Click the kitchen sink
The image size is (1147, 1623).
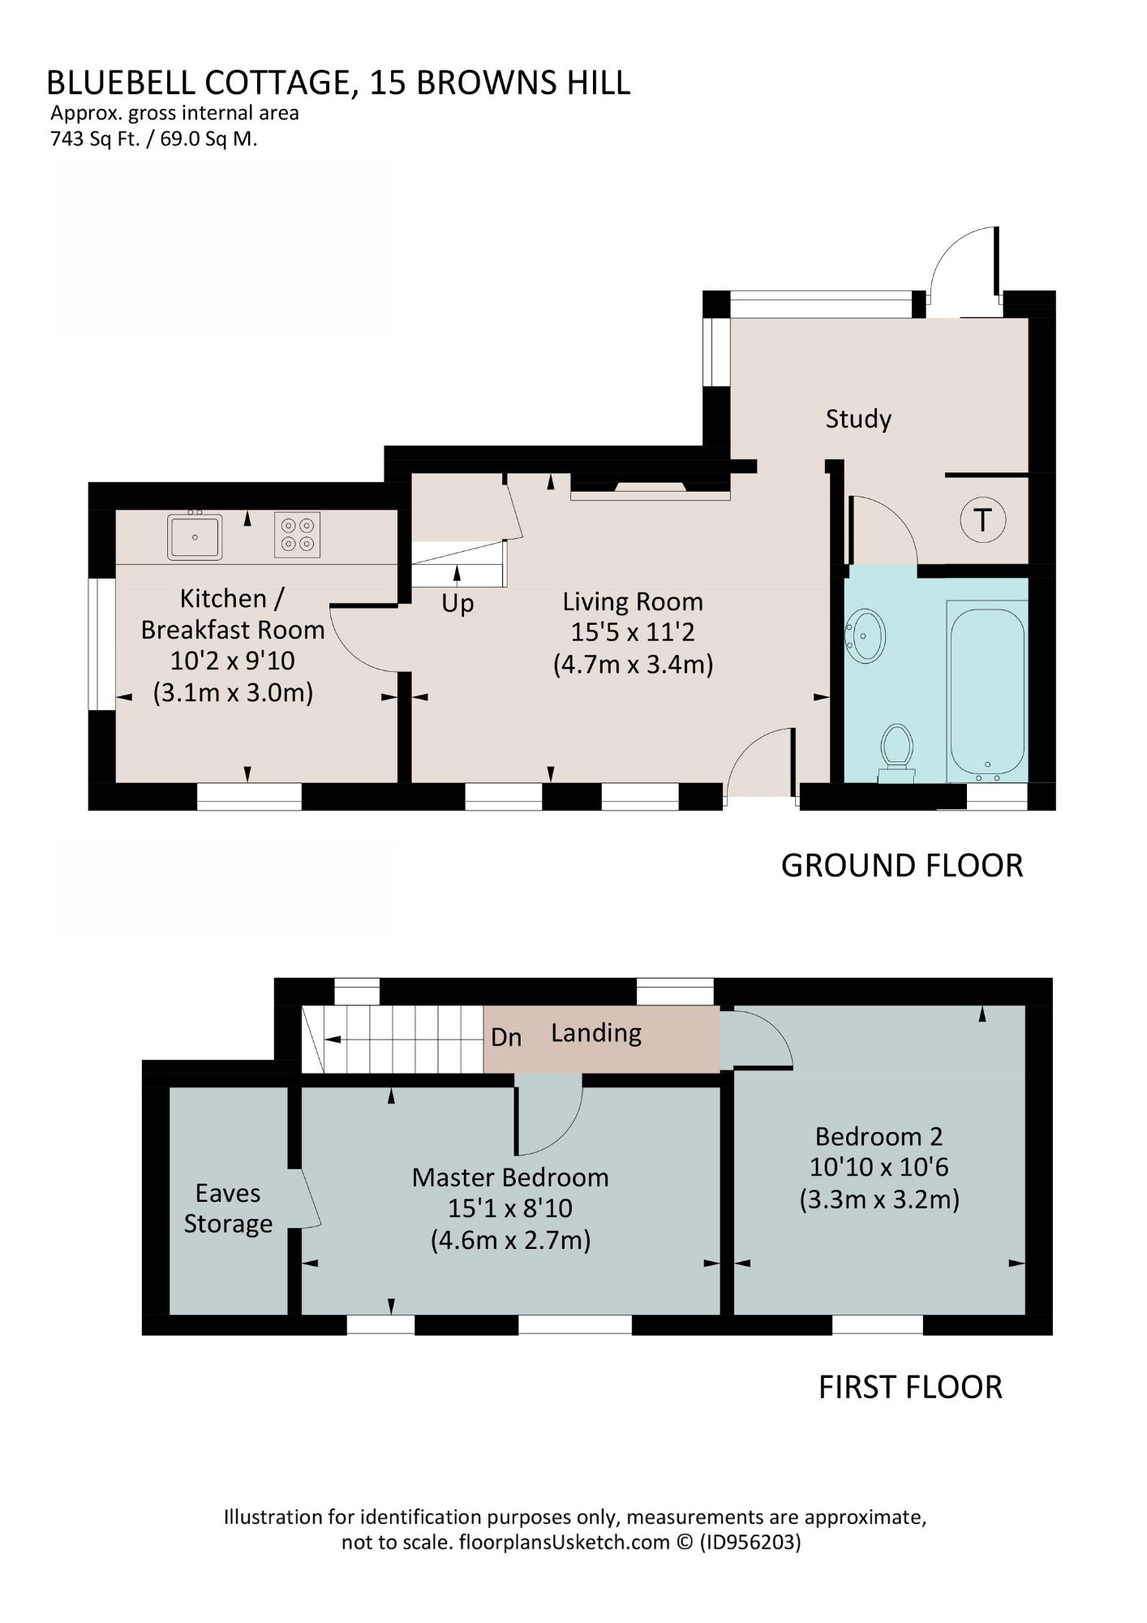click(195, 536)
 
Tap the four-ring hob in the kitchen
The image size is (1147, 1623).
click(297, 535)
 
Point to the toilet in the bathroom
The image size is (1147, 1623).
click(896, 750)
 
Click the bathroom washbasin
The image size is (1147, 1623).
click(866, 635)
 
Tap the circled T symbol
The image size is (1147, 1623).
click(983, 519)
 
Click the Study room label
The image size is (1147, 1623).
click(858, 419)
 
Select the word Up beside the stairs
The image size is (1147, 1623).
click(458, 605)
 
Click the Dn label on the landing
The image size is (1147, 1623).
click(506, 1037)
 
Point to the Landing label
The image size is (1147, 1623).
click(596, 1033)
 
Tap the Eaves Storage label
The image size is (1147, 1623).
click(228, 1208)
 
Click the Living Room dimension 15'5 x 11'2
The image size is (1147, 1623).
click(633, 632)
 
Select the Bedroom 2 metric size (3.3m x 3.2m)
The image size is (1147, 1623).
click(879, 1199)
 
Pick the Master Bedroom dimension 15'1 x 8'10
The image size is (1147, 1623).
click(510, 1208)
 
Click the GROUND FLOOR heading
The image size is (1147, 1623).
click(902, 866)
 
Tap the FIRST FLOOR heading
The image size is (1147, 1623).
click(910, 1387)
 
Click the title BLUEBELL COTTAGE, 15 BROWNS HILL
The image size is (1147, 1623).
click(338, 83)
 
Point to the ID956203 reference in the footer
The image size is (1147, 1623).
click(750, 1542)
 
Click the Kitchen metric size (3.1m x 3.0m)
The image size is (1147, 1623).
click(233, 693)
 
